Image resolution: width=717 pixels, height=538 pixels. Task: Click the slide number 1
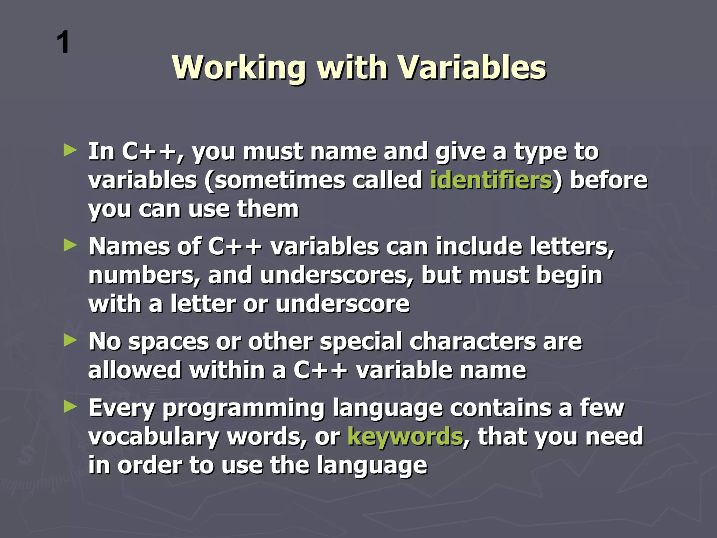[63, 43]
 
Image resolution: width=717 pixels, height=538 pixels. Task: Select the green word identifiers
[491, 180]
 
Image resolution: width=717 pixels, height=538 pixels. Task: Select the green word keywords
[405, 436]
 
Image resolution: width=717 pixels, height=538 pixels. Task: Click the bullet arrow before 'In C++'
[70, 151]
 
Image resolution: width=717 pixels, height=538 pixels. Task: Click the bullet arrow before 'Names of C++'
[70, 246]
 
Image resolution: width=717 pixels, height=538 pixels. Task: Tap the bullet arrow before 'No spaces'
[70, 340]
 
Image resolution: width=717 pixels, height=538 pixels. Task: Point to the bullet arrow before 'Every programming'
[70, 407]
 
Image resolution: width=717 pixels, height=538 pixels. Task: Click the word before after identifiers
[609, 180]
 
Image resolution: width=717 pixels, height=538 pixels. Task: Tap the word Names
[129, 247]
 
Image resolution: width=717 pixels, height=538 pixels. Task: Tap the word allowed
[135, 370]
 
